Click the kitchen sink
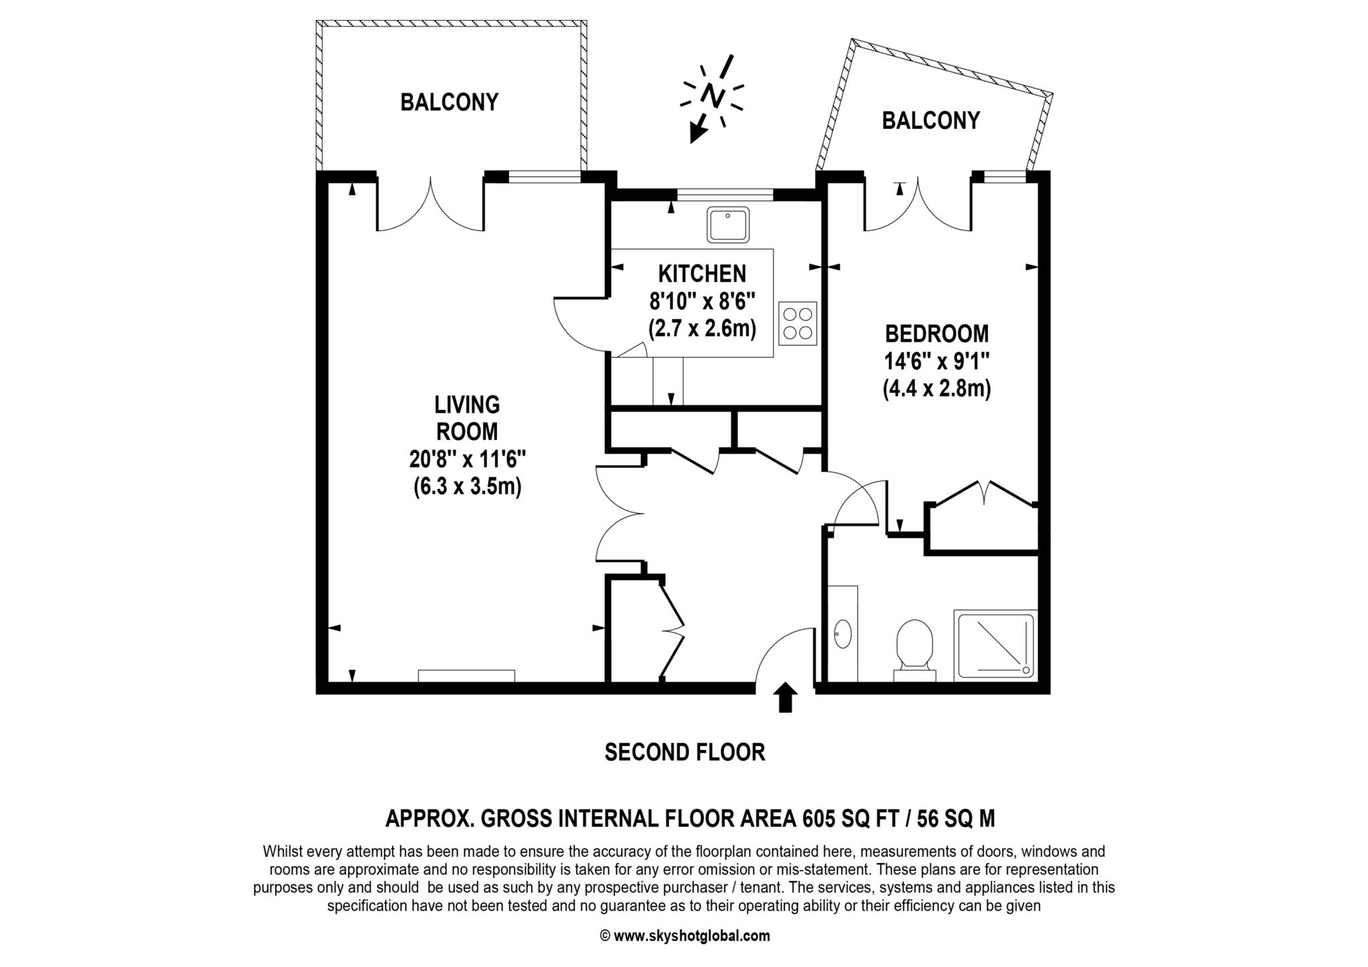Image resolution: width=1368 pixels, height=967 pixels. (x=729, y=225)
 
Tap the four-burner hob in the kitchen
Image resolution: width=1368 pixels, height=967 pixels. (x=798, y=323)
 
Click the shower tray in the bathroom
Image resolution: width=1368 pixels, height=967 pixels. (x=995, y=644)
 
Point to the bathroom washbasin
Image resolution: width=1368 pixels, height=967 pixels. (x=843, y=634)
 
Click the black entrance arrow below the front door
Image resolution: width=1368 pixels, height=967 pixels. (x=786, y=697)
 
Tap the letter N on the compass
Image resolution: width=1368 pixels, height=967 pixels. (x=713, y=95)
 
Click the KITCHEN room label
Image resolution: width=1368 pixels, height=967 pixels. (x=702, y=273)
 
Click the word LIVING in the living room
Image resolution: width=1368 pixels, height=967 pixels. (x=467, y=405)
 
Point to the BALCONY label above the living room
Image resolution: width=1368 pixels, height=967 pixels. (x=450, y=102)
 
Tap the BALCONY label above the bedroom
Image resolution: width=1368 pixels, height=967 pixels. (x=930, y=120)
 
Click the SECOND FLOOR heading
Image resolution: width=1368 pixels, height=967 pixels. (x=685, y=753)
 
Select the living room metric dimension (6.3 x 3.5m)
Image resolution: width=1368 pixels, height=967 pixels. (x=467, y=487)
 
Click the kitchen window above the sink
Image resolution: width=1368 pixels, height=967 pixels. (x=725, y=195)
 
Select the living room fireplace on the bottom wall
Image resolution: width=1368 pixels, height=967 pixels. (x=466, y=676)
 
